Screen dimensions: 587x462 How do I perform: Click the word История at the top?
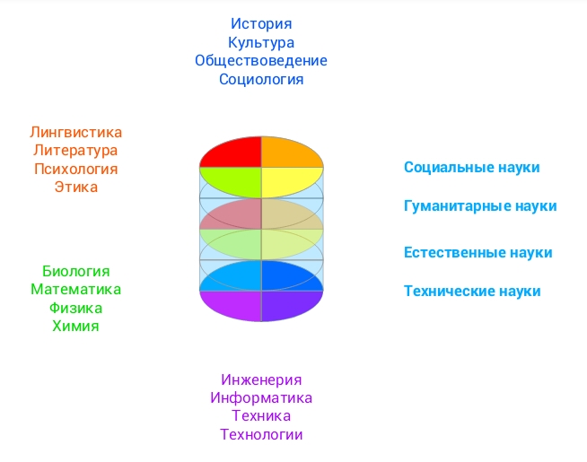(x=261, y=24)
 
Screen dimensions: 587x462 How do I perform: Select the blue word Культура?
(x=261, y=43)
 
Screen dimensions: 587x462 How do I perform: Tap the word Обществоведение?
(x=261, y=61)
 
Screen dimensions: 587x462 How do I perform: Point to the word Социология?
(x=261, y=79)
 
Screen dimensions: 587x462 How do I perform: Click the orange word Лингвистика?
(x=76, y=133)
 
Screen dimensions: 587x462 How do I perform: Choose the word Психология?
(x=76, y=169)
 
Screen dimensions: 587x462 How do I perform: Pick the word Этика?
(x=76, y=187)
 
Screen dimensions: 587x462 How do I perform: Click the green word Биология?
(x=76, y=271)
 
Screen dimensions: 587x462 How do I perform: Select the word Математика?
(x=76, y=290)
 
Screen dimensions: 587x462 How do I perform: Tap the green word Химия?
(x=76, y=327)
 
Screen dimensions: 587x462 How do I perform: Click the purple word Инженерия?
(x=261, y=379)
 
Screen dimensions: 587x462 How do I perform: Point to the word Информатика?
(x=261, y=398)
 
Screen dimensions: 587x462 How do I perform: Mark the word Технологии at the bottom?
(x=261, y=435)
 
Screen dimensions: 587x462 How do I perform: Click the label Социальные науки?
(x=472, y=168)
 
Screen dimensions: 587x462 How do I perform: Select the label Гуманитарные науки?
(x=480, y=206)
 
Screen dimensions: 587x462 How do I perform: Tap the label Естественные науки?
(x=478, y=252)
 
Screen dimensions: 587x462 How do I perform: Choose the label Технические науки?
(x=472, y=291)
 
